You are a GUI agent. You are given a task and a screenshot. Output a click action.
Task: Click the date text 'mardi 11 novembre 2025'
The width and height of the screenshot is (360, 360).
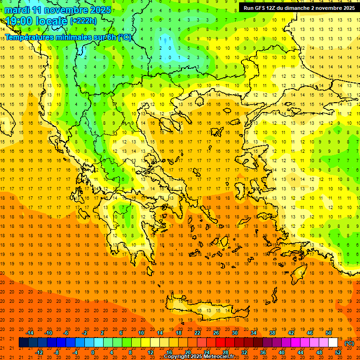59,10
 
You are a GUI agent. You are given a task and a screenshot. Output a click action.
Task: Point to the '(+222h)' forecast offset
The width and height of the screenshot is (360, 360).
83,21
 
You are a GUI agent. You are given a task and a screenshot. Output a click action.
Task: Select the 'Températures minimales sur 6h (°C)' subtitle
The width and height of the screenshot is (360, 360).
68,37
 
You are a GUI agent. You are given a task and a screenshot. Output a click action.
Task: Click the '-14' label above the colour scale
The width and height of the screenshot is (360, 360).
30,333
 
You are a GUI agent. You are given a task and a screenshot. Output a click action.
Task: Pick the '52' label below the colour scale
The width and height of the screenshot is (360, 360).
338,352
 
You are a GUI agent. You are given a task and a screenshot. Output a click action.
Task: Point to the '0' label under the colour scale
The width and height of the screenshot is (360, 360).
92,352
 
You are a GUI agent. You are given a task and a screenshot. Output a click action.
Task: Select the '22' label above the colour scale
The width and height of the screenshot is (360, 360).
197,333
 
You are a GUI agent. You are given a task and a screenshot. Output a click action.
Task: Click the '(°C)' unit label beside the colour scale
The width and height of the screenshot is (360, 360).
349,343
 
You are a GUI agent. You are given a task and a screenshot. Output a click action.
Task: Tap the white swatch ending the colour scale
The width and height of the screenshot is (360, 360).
333,343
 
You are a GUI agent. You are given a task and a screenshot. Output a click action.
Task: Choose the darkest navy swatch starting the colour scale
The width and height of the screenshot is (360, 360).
23,343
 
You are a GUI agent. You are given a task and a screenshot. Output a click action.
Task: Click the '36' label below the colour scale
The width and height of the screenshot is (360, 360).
262,352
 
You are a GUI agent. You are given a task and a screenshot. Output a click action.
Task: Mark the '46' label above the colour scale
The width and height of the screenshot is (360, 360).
310,333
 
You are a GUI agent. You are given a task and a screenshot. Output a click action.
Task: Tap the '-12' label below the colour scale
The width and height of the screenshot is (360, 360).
39,352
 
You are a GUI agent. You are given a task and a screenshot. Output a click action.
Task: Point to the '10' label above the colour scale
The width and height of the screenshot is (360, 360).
141,333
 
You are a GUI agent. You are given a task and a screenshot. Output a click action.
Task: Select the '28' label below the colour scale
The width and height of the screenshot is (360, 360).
225,352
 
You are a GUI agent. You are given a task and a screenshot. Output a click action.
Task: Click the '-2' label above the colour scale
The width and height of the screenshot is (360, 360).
85,333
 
